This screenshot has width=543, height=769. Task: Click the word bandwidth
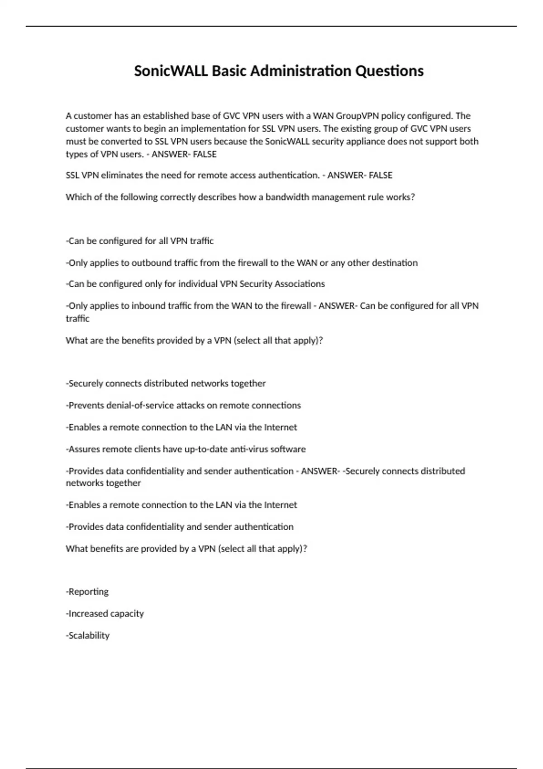click(x=286, y=197)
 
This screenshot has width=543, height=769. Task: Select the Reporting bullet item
click(x=88, y=592)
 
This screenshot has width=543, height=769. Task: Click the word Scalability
click(x=89, y=636)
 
